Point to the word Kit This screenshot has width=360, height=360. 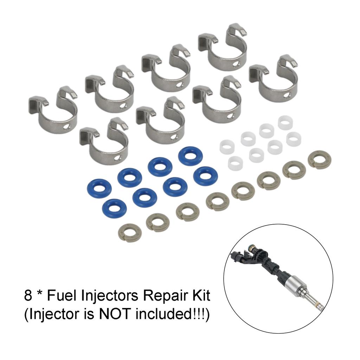point(200,296)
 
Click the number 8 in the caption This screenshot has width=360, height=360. point(28,296)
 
